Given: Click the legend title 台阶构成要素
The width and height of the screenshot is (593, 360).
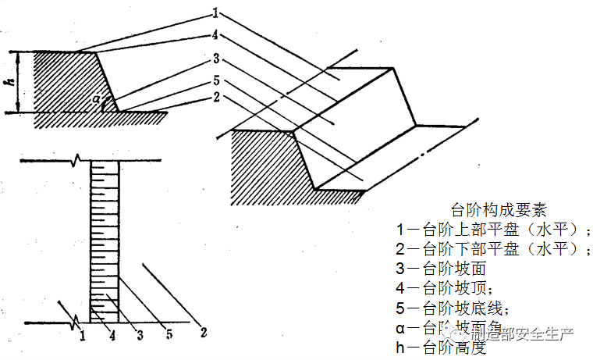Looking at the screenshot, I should click(x=499, y=210).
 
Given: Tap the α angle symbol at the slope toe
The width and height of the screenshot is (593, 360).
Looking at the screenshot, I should click(x=96, y=98).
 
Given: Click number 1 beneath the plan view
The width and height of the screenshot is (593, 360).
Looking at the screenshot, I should click(x=82, y=335).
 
